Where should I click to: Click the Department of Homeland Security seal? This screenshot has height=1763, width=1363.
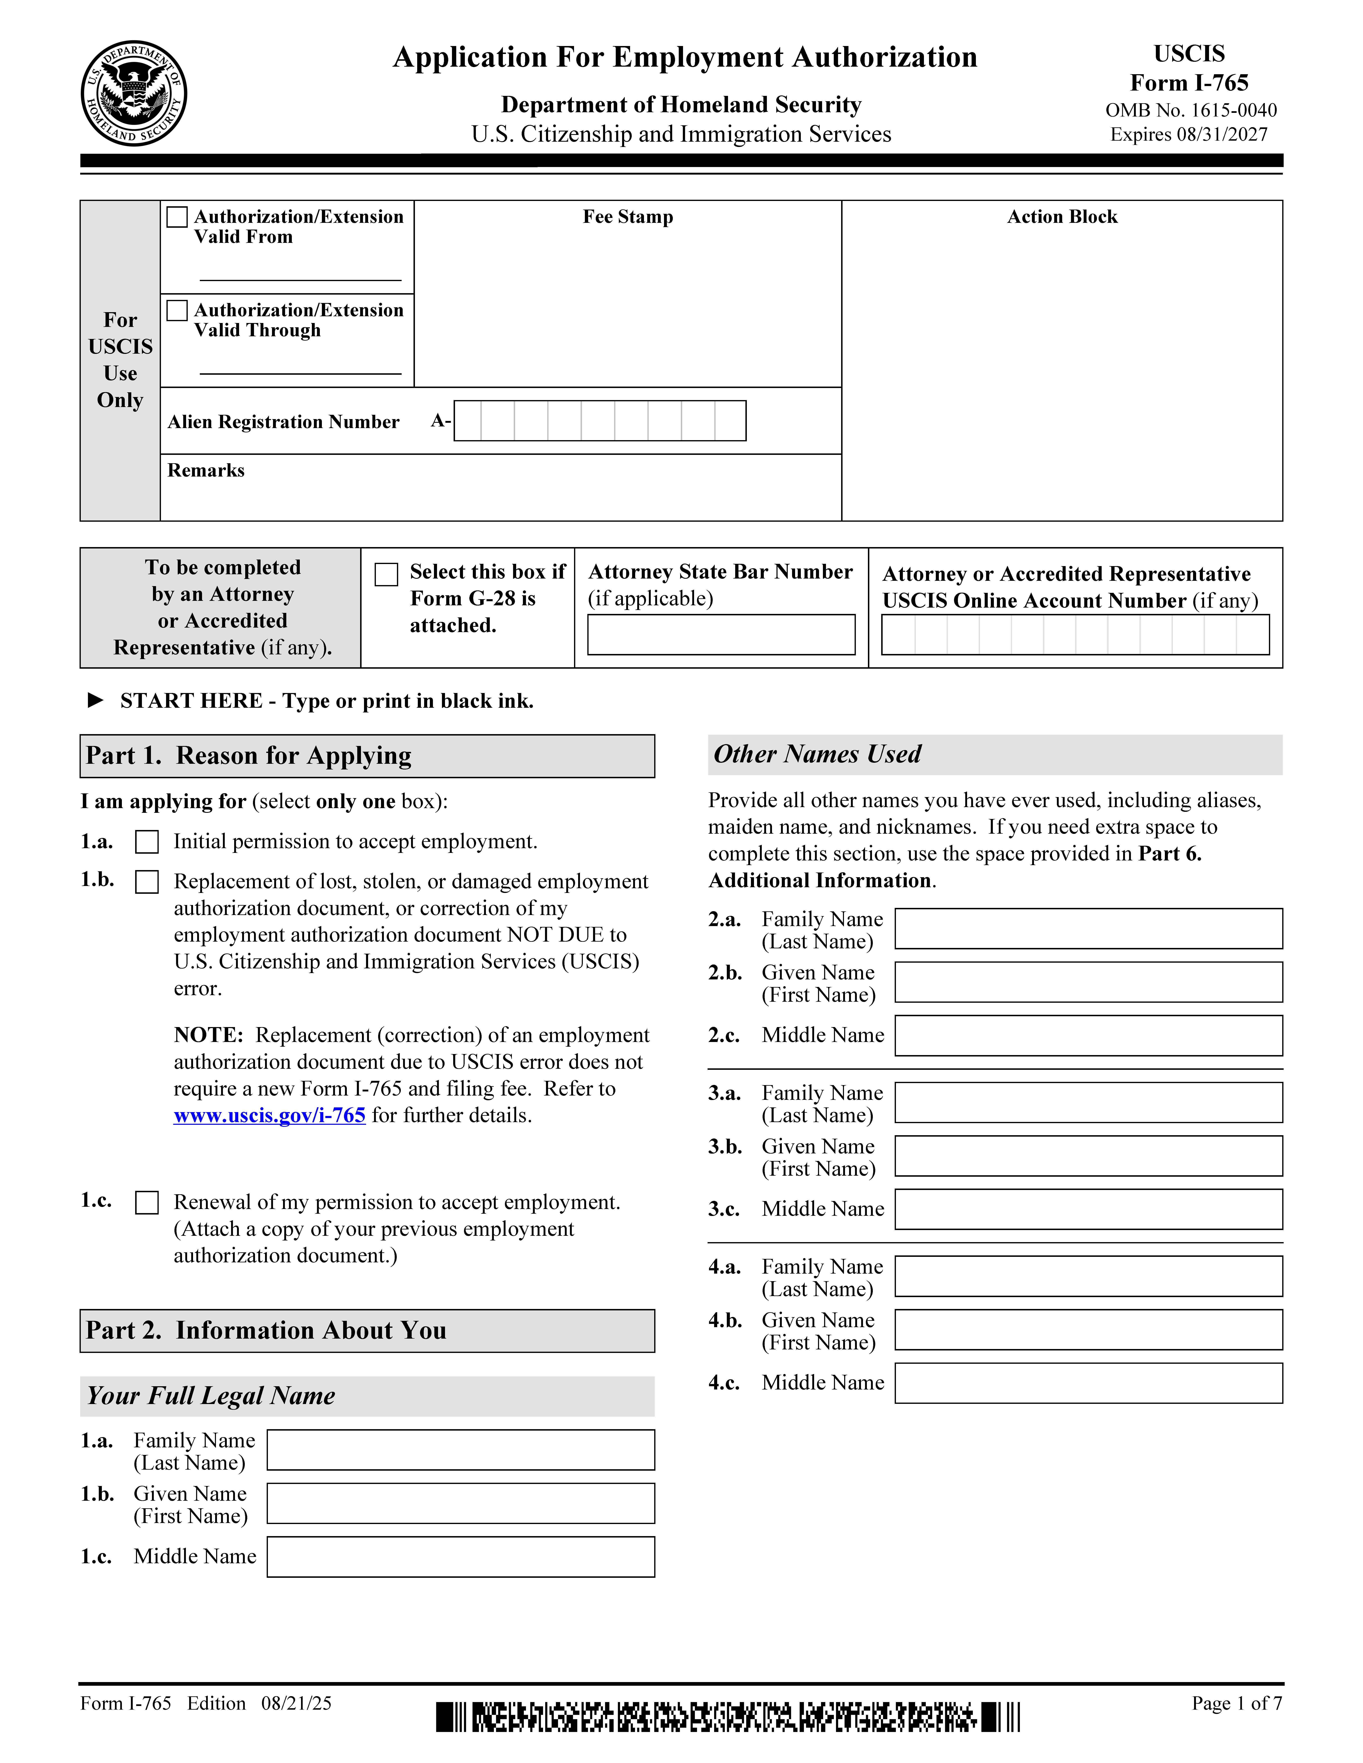coord(134,94)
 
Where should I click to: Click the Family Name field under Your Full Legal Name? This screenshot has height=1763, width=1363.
coord(460,1450)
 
